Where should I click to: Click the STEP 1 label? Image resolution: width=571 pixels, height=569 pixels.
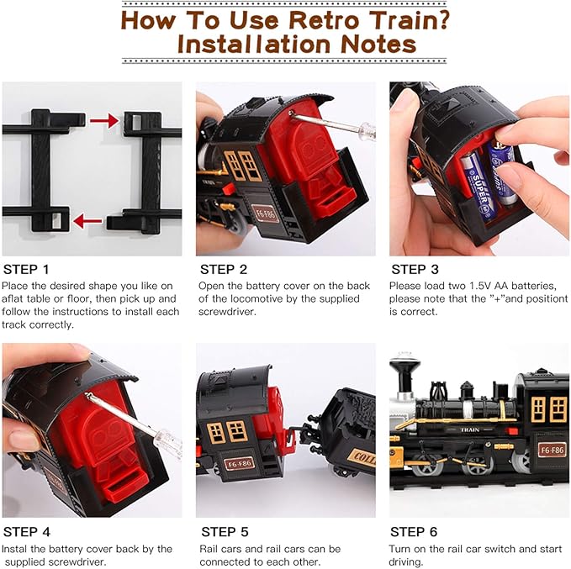(26, 270)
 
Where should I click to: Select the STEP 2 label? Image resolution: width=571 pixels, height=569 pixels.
(223, 270)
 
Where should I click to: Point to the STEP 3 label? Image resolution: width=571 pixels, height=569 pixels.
(415, 270)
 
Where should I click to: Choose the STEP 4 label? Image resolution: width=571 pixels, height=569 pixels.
(26, 532)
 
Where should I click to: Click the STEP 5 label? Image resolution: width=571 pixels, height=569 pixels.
(223, 532)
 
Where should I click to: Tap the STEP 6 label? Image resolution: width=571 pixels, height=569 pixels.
(415, 532)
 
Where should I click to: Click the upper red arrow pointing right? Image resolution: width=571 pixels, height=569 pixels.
(103, 122)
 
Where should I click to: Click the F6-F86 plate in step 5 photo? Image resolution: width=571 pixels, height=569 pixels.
(240, 463)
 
